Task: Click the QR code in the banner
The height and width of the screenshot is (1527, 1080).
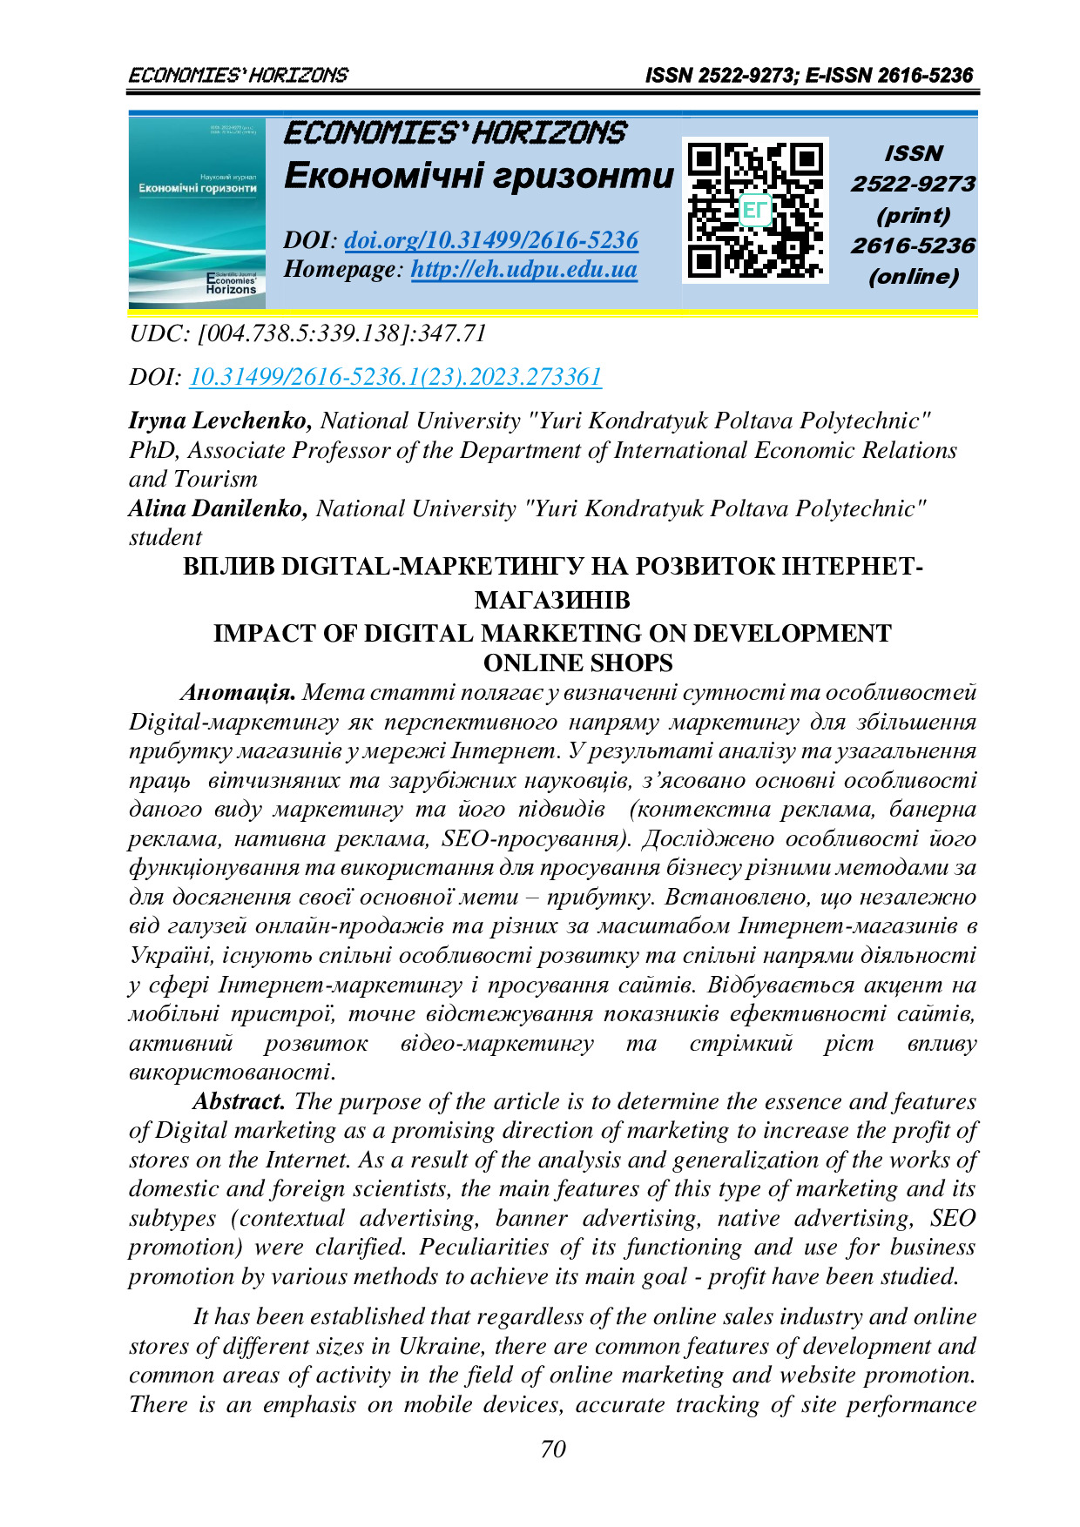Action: tap(754, 211)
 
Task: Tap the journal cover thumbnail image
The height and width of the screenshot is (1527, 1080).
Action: tap(197, 212)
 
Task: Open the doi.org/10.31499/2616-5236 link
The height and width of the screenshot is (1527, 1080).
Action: tap(491, 240)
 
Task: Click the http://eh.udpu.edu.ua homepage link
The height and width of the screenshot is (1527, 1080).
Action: tap(523, 269)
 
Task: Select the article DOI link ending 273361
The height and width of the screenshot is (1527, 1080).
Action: tap(395, 377)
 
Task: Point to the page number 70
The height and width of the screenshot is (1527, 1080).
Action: tap(553, 1449)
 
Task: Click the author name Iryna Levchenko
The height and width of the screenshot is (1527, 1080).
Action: tap(220, 421)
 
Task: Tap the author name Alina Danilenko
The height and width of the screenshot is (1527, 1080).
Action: tap(218, 508)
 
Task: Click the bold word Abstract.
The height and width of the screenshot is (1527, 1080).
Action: tap(239, 1101)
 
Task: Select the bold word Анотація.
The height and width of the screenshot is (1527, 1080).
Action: tap(238, 693)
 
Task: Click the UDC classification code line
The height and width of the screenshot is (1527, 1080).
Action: tap(307, 333)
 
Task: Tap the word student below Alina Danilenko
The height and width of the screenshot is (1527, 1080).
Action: tap(165, 538)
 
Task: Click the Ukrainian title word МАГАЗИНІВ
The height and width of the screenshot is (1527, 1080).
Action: tap(552, 600)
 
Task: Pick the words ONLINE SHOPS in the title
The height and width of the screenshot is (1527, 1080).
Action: tap(577, 663)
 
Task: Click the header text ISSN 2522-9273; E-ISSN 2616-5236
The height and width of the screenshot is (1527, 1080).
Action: tap(808, 76)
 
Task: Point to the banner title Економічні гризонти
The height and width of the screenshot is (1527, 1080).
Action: tap(479, 176)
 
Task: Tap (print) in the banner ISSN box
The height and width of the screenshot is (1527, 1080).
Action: tap(913, 215)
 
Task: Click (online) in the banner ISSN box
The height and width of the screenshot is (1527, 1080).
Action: tap(913, 277)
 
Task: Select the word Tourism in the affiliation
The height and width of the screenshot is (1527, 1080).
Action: tap(215, 480)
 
